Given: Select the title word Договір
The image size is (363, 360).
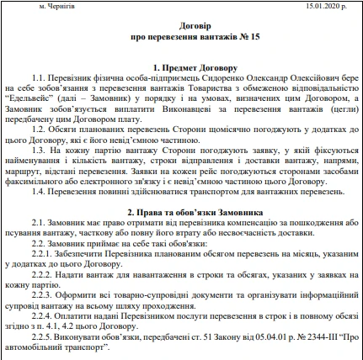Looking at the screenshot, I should [181, 26].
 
